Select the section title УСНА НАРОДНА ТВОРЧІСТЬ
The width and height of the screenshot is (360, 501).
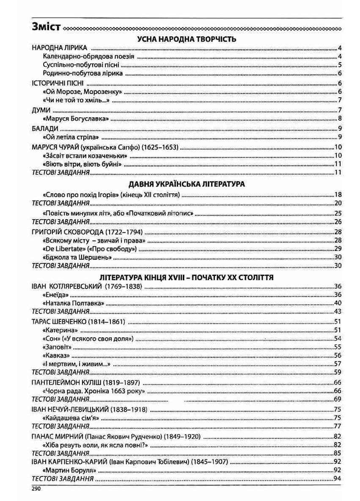(x=187, y=39)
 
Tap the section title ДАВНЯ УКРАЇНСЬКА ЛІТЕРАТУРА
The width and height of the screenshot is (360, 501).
(x=187, y=184)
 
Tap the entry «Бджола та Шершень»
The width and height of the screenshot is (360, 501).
(x=77, y=257)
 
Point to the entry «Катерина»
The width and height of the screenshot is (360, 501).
(x=60, y=330)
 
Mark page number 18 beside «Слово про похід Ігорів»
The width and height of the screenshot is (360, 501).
(x=337, y=195)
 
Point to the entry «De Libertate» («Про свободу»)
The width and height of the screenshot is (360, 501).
(x=89, y=249)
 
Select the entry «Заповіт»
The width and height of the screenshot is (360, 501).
(x=58, y=347)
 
